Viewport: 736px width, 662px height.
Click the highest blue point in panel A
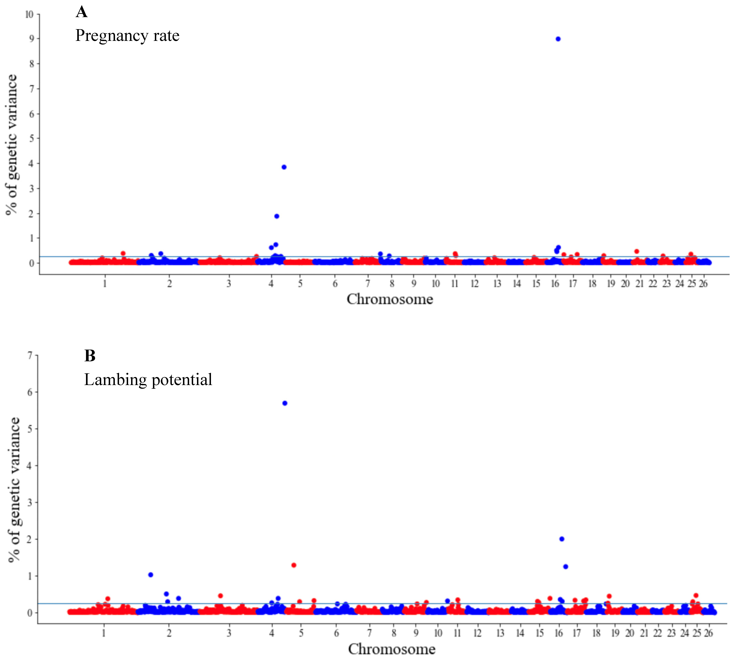pyautogui.click(x=558, y=39)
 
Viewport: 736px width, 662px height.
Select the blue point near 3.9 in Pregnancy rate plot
pyautogui.click(x=284, y=167)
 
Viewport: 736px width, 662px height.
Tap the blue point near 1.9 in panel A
pyautogui.click(x=277, y=216)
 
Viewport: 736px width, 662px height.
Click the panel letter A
pyautogui.click(x=82, y=12)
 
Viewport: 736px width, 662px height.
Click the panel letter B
pyautogui.click(x=90, y=356)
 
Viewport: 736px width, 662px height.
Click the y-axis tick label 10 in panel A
pyautogui.click(x=29, y=14)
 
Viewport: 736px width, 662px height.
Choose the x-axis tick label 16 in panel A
pyautogui.click(x=555, y=284)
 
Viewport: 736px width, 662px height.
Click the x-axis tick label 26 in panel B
pyautogui.click(x=708, y=633)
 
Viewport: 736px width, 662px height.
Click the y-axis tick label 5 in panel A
pyautogui.click(x=32, y=139)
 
